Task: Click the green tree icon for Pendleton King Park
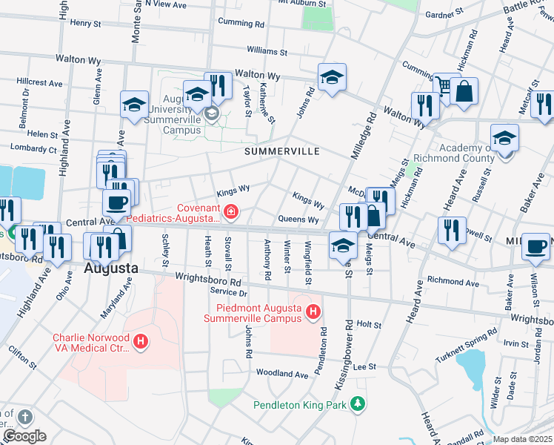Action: pyautogui.click(x=358, y=404)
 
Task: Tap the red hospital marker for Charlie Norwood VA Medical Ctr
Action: pyautogui.click(x=141, y=342)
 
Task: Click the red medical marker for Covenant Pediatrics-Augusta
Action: pyautogui.click(x=231, y=213)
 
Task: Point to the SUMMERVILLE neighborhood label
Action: pyautogui.click(x=282, y=151)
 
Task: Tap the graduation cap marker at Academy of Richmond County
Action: pyautogui.click(x=504, y=138)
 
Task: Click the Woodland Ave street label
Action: pyautogui.click(x=281, y=375)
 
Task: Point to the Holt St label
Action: pyautogui.click(x=368, y=324)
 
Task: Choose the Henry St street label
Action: pyautogui.click(x=85, y=24)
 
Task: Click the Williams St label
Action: pyautogui.click(x=267, y=50)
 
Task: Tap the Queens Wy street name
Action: pyautogui.click(x=298, y=220)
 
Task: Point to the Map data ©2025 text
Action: pyautogui.click(x=523, y=439)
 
